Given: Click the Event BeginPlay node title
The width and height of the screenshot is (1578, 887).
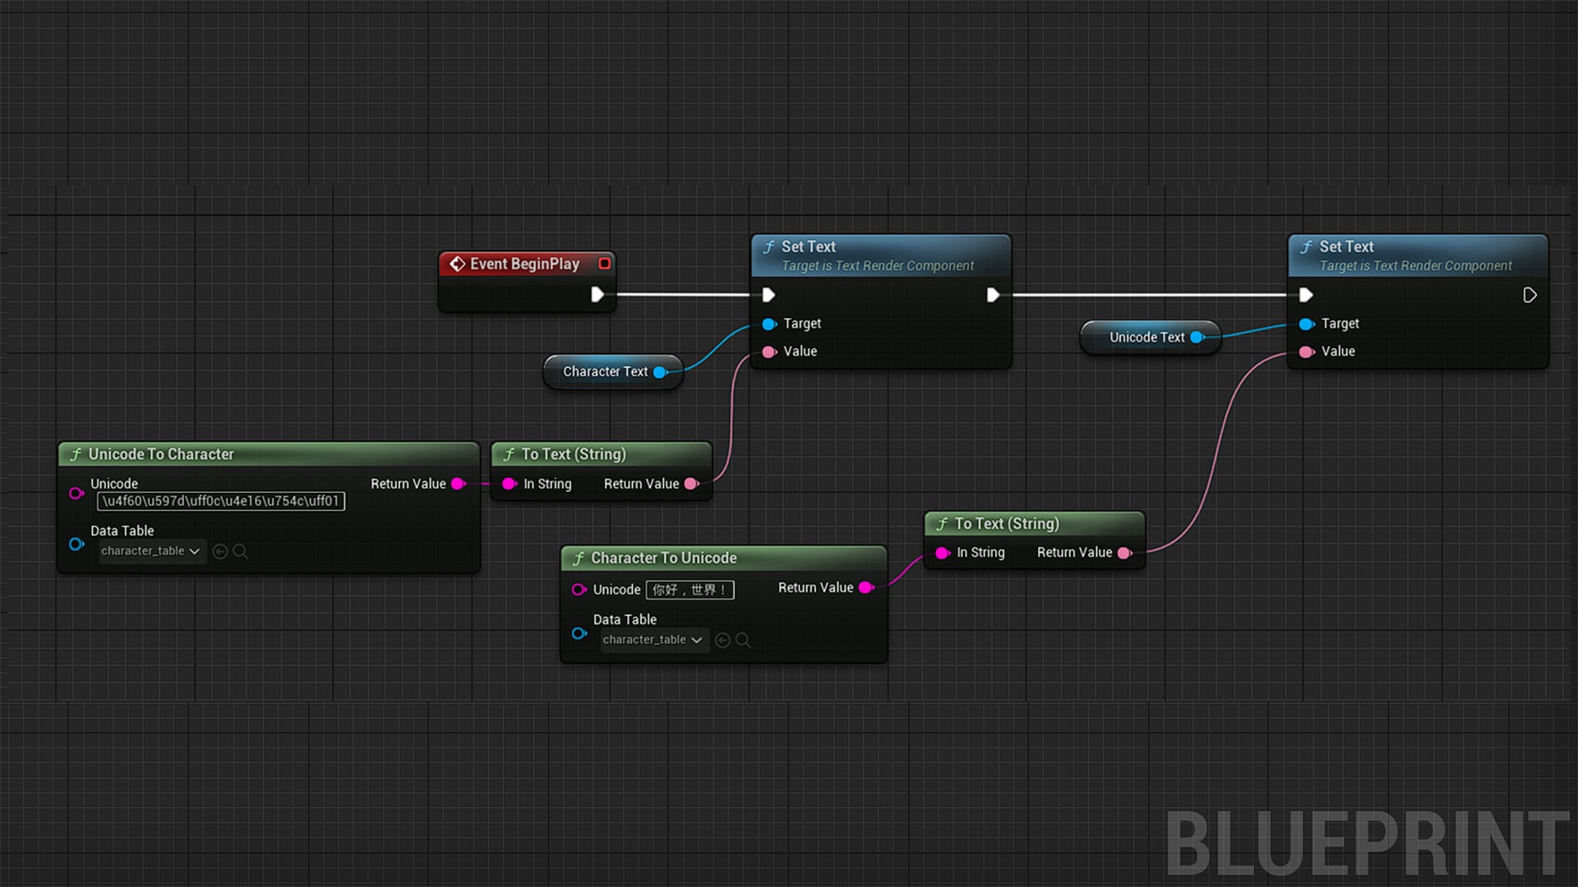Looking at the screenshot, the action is [x=524, y=264].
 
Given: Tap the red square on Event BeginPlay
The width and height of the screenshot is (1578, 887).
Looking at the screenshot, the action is [x=605, y=264].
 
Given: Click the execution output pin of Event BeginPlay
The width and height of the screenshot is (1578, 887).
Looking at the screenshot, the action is [x=598, y=294].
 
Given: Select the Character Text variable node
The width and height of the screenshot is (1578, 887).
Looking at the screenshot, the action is [x=613, y=372].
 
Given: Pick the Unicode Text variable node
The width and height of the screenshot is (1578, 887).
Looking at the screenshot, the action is [x=1150, y=338].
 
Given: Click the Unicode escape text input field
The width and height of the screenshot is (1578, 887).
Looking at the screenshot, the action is [x=221, y=501].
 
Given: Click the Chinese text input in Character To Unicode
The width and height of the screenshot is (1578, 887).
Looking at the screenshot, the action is [x=690, y=590].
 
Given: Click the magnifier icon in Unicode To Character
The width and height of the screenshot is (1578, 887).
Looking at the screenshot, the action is [x=240, y=551].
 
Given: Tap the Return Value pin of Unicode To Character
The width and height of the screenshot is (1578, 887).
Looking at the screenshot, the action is [x=459, y=484].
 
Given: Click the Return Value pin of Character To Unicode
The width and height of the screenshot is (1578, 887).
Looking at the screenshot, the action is [x=865, y=587].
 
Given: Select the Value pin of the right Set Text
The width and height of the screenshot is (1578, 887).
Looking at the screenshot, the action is [x=1307, y=352].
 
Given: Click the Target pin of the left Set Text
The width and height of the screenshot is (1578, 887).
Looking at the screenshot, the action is [x=769, y=324].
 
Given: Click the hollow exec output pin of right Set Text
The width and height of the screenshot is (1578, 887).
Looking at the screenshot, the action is [x=1530, y=295].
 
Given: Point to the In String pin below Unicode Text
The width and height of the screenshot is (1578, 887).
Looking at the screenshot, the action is [x=943, y=553].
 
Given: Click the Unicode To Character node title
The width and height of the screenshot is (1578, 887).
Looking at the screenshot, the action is [x=161, y=454].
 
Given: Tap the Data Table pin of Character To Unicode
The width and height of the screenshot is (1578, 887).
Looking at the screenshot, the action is [x=579, y=633].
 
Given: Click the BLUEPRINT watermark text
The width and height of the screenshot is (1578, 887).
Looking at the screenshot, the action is [x=1368, y=843].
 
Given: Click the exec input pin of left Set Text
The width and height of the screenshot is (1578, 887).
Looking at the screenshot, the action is [x=768, y=294].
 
